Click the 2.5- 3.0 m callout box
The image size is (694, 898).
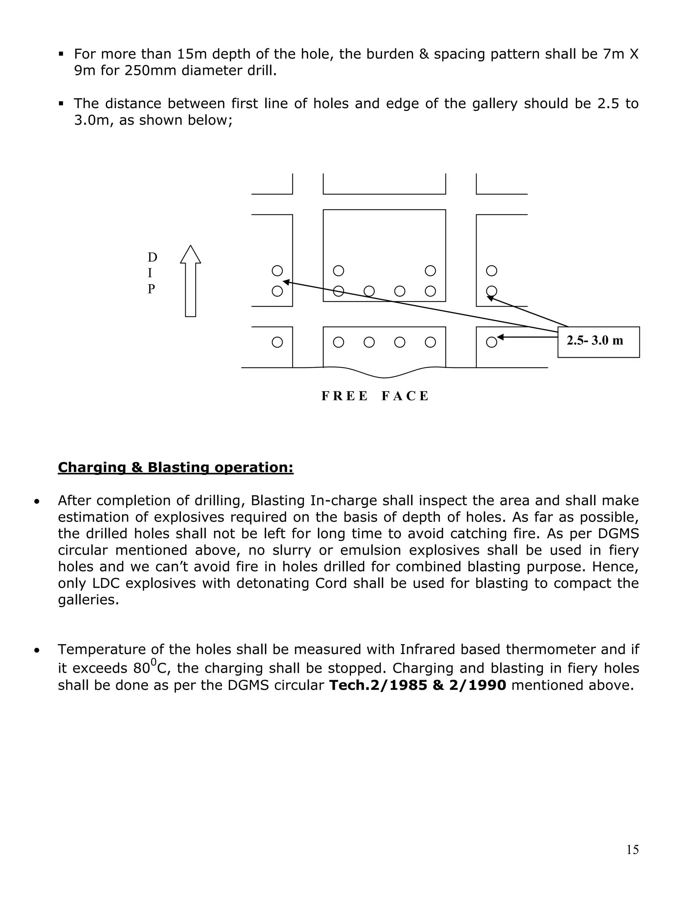[x=598, y=342]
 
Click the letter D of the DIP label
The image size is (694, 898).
[x=152, y=258]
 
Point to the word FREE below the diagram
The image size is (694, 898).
[x=344, y=396]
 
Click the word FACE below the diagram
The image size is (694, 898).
[x=405, y=396]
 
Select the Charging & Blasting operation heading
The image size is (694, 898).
[x=176, y=468]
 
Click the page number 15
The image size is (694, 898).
[x=632, y=850]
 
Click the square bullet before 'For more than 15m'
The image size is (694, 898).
[x=61, y=54]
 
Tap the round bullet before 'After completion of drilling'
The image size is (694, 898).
[x=37, y=502]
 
